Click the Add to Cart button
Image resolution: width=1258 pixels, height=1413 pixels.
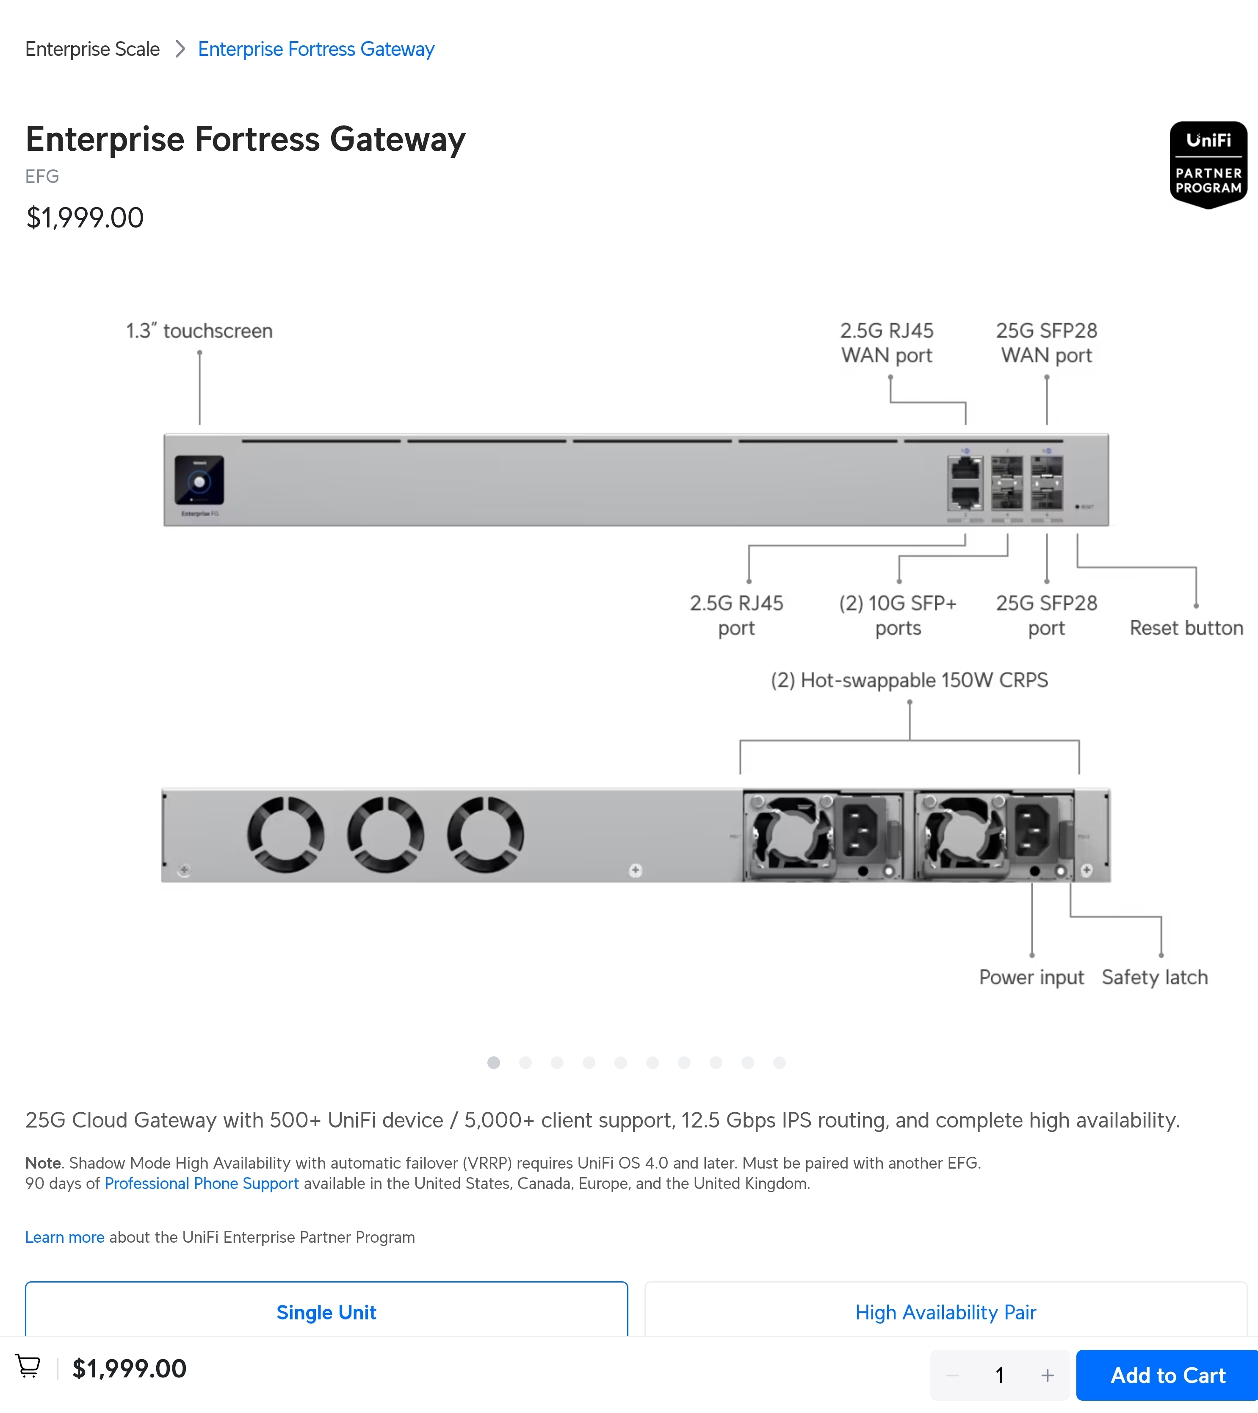(x=1167, y=1375)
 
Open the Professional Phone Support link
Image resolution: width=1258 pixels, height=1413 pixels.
(x=202, y=1183)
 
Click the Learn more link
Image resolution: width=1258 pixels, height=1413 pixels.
(x=65, y=1237)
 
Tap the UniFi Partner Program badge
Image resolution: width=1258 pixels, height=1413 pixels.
(x=1208, y=164)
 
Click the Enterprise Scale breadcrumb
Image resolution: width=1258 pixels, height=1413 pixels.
(x=93, y=49)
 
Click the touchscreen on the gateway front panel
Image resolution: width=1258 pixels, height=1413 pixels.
(x=199, y=480)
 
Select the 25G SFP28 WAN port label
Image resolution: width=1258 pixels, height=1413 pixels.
(x=1046, y=343)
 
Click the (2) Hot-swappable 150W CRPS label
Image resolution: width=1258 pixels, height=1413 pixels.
(x=909, y=680)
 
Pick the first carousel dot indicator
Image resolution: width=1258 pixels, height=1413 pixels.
(x=494, y=1063)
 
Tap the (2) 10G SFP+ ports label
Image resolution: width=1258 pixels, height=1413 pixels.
(x=898, y=615)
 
